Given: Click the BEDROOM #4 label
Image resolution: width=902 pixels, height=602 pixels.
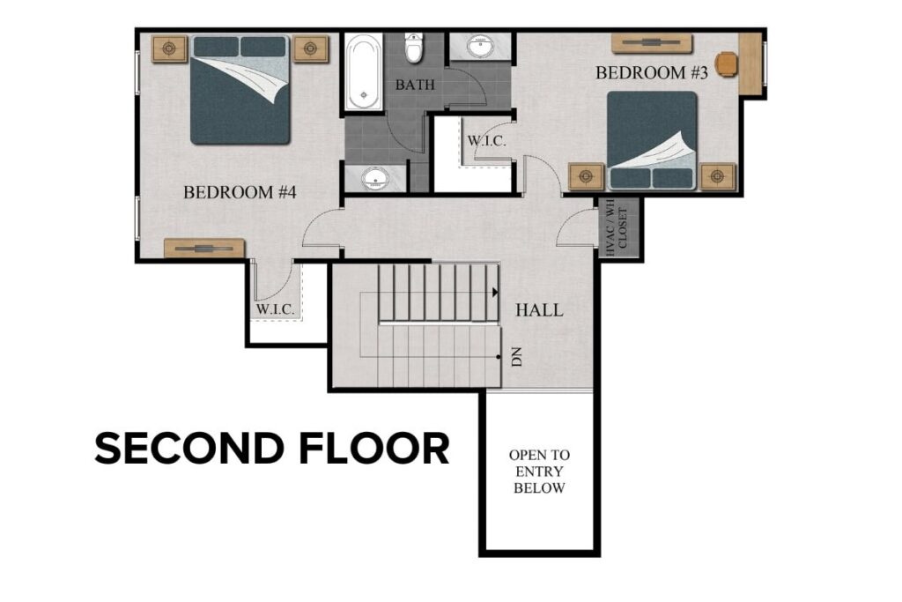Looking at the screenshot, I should click(239, 192).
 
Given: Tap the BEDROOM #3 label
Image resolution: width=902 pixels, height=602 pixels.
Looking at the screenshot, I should click(652, 73).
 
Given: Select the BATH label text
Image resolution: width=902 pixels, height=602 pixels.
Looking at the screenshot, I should click(413, 85).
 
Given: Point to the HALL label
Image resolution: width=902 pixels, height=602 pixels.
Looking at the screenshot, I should click(539, 310).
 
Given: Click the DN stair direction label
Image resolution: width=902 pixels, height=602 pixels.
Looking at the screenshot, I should click(517, 356).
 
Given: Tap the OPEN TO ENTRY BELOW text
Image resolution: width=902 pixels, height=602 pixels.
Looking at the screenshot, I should click(539, 472).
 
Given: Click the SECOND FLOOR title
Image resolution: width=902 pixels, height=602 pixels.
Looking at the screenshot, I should click(271, 449).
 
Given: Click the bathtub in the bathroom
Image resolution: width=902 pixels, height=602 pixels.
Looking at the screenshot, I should click(362, 72).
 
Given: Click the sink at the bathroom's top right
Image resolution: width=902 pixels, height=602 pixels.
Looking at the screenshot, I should click(480, 47).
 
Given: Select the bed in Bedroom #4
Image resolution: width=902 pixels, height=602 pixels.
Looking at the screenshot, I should click(240, 89).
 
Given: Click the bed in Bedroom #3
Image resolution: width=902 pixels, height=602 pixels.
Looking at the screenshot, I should click(652, 140).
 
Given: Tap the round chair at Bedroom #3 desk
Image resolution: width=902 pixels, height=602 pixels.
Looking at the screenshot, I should click(727, 64).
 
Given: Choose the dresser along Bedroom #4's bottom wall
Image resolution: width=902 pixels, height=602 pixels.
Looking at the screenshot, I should click(204, 249).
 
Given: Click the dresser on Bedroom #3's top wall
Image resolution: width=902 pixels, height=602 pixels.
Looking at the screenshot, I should click(652, 43).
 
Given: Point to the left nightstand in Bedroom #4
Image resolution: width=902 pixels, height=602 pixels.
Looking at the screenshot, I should click(169, 48).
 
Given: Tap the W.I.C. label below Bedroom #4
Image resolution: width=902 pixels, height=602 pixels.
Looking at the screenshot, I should click(275, 310).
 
